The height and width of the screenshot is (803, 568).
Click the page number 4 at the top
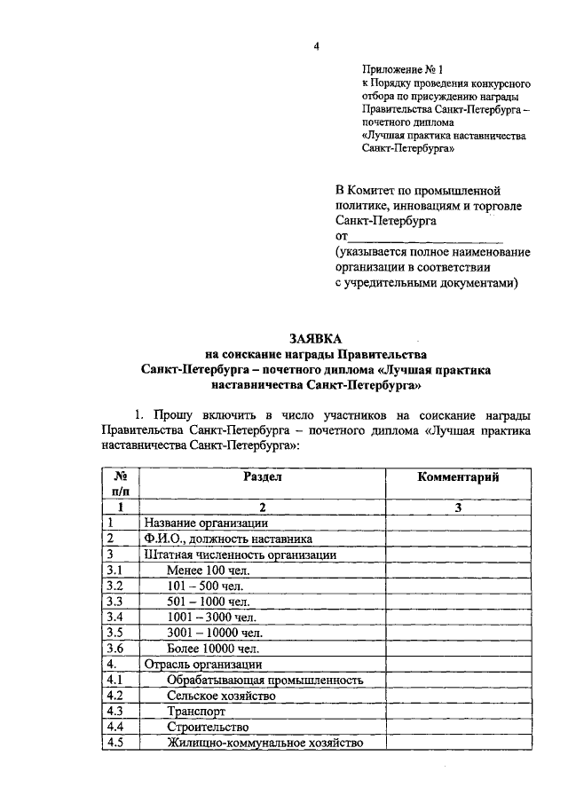point(315,46)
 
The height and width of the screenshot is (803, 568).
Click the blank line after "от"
point(425,237)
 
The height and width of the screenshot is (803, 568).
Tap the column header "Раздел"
point(262,476)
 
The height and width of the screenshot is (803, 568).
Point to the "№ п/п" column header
point(121,484)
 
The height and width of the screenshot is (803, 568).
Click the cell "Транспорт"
point(196,712)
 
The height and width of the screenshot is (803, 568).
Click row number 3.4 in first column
point(114,617)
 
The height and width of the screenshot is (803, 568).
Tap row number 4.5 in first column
point(114,743)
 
